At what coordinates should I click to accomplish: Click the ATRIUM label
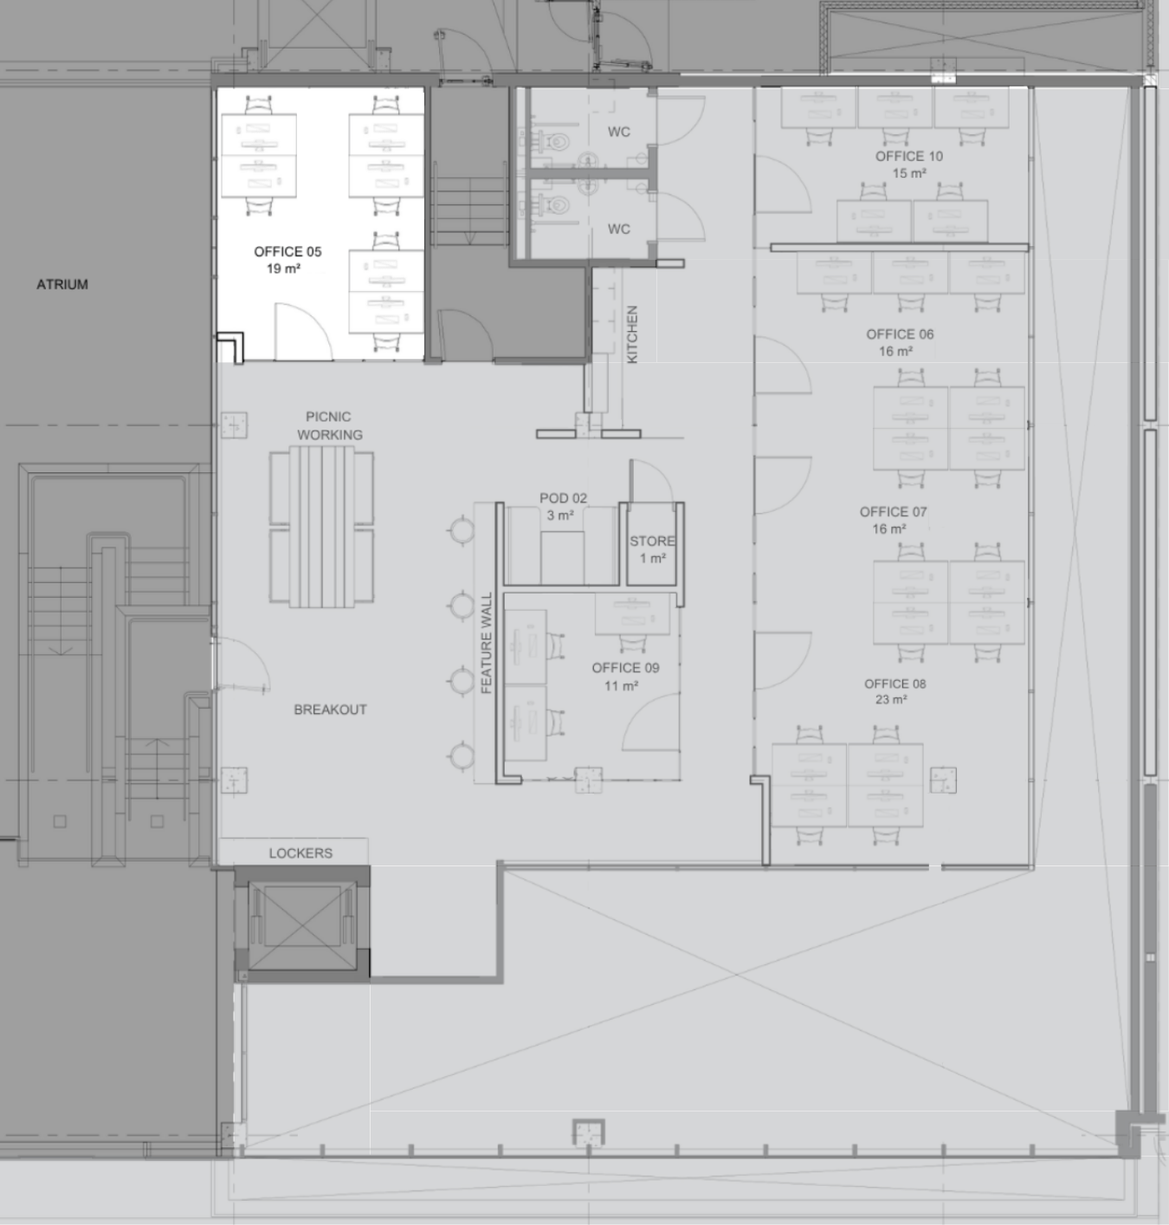pyautogui.click(x=62, y=284)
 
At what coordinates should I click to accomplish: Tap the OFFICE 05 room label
pyautogui.click(x=287, y=252)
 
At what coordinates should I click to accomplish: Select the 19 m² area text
pyautogui.click(x=283, y=269)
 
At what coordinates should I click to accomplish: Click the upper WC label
pyautogui.click(x=619, y=132)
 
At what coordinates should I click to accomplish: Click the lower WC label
pyautogui.click(x=619, y=229)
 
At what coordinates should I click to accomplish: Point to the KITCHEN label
pyautogui.click(x=632, y=334)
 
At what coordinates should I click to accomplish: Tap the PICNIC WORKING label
pyautogui.click(x=329, y=425)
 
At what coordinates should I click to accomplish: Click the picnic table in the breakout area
pyautogui.click(x=321, y=527)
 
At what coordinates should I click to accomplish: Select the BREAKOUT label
pyautogui.click(x=330, y=710)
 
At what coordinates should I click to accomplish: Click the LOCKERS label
pyautogui.click(x=300, y=853)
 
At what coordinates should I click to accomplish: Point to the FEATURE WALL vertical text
pyautogui.click(x=487, y=643)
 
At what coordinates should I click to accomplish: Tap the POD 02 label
pyautogui.click(x=563, y=498)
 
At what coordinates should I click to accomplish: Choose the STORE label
pyautogui.click(x=652, y=541)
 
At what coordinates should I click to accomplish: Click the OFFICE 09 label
pyautogui.click(x=625, y=668)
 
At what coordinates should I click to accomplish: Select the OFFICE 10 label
pyautogui.click(x=909, y=156)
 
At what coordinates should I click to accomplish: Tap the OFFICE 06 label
pyautogui.click(x=900, y=334)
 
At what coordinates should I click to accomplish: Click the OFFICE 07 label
pyautogui.click(x=894, y=512)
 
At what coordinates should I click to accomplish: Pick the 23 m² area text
pyautogui.click(x=891, y=699)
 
